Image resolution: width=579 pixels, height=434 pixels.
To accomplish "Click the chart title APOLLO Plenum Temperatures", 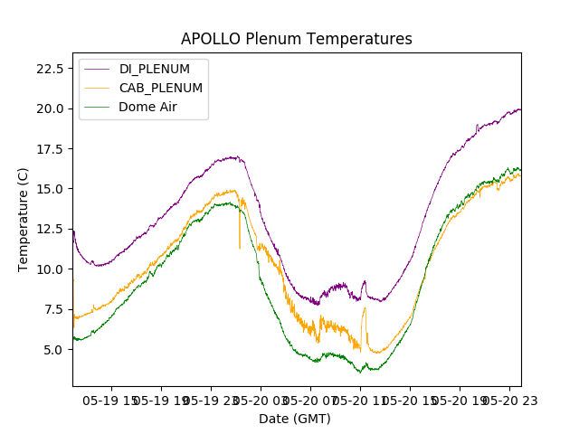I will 296,39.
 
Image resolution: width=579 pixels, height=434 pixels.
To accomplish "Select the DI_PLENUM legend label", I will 155,69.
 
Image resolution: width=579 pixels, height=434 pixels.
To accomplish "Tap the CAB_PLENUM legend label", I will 160,88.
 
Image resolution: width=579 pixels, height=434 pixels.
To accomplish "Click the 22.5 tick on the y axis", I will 50,69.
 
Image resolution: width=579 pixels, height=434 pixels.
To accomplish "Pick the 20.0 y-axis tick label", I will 50,108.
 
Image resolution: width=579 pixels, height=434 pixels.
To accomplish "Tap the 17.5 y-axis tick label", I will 50,148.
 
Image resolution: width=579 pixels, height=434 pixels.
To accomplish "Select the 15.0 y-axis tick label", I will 50,189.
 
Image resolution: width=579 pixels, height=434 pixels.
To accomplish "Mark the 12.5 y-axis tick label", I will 50,229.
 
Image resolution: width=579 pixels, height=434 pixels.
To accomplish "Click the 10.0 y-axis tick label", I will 50,269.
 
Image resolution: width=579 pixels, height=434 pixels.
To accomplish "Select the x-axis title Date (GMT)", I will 295,419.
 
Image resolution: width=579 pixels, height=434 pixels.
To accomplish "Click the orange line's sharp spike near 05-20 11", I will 365,308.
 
